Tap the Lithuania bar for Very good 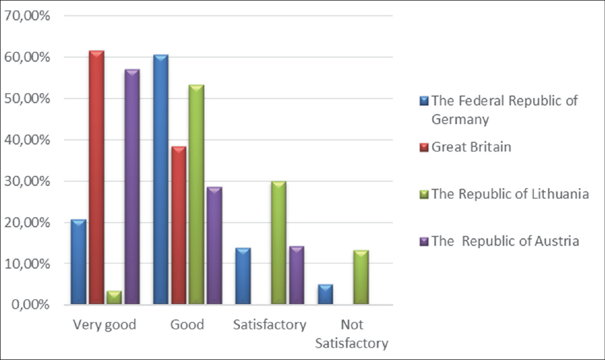click(x=114, y=298)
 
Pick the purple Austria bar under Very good click(x=132, y=186)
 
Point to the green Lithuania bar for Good click(x=196, y=194)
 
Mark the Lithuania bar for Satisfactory click(x=278, y=242)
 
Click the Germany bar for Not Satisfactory click(x=325, y=294)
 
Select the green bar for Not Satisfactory click(x=361, y=277)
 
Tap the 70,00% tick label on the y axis click(x=27, y=15)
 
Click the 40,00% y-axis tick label click(x=27, y=139)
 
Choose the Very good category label click(x=104, y=325)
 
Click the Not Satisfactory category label click(x=352, y=334)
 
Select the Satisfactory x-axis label click(x=269, y=325)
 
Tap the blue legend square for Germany click(x=425, y=100)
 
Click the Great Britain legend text click(x=471, y=147)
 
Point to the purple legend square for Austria click(x=425, y=241)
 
